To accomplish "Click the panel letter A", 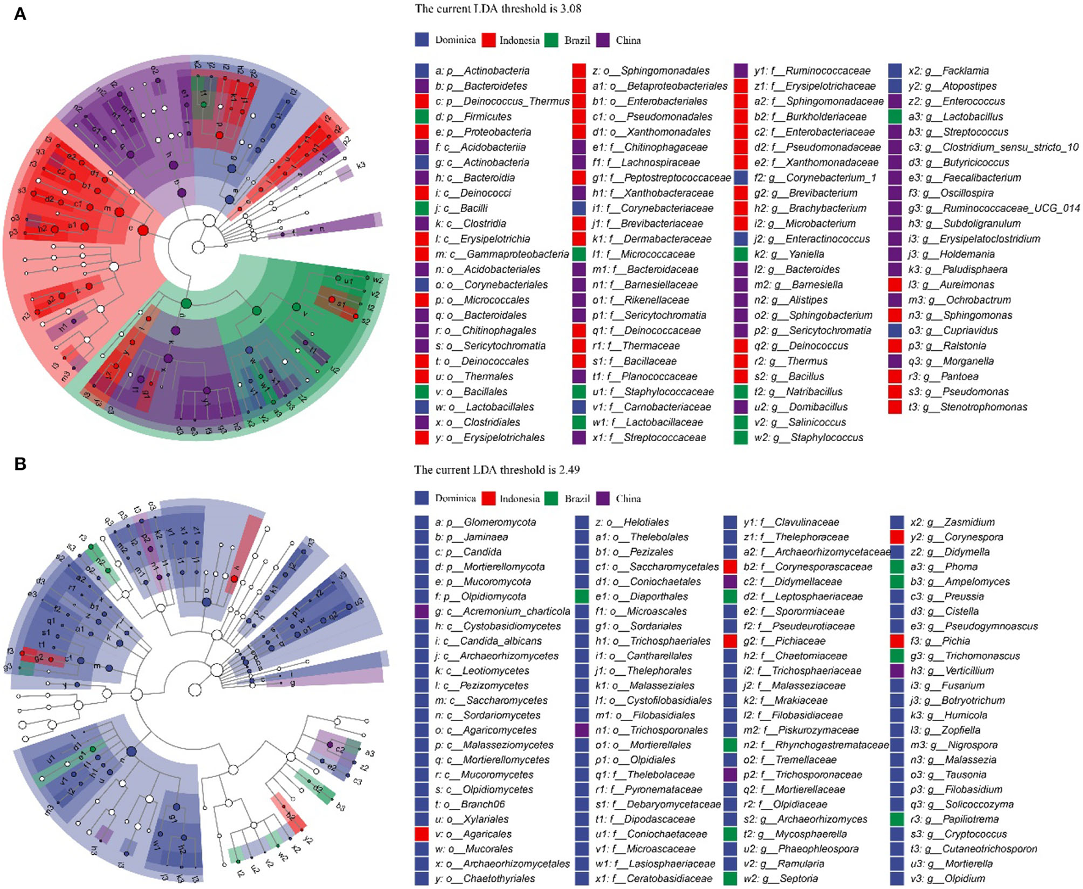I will click(20, 13).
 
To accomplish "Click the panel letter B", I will click(20, 464).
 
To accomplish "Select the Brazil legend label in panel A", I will click(577, 40).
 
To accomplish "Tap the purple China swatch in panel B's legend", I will click(603, 499).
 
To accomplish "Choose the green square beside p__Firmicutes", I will click(422, 117).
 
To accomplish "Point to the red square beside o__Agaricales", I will click(422, 834).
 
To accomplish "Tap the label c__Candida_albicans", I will click(502, 641).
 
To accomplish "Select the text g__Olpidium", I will click(965, 879).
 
